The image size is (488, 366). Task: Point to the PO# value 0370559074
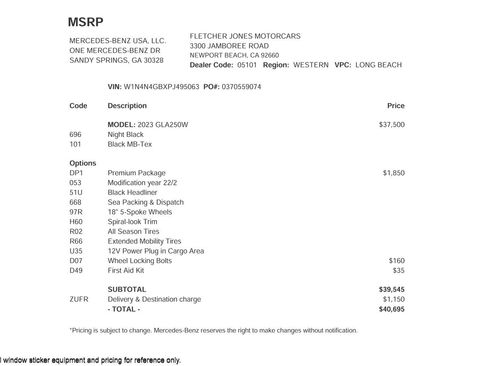[240, 87]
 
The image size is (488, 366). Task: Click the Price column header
[395, 105]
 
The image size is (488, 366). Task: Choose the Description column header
[127, 105]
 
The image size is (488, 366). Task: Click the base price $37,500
[392, 124]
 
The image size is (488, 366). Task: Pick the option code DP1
[76, 172]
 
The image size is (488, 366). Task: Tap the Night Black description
[125, 133]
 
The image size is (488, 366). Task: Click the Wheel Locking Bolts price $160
[396, 260]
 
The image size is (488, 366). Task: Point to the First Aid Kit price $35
[398, 270]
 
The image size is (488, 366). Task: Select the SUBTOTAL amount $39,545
[392, 289]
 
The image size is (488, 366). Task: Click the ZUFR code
[79, 299]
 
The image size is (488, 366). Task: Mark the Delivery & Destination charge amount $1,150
[393, 299]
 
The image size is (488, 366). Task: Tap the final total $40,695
[392, 309]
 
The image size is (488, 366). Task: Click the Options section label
[82, 162]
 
